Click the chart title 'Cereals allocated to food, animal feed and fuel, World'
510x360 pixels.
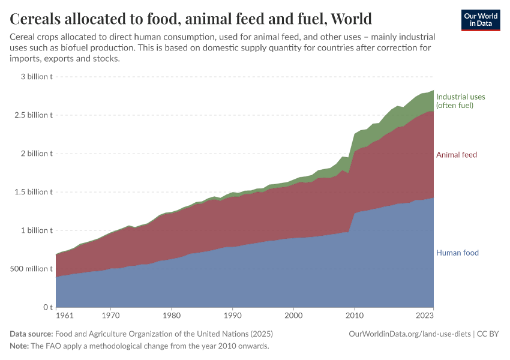tap(191, 19)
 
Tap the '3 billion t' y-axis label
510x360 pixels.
tap(37, 77)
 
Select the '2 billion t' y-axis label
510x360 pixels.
tap(37, 154)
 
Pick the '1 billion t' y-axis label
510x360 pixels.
tap(37, 230)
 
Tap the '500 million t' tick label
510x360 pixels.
tap(31, 269)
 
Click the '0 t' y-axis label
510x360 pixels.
tap(47, 307)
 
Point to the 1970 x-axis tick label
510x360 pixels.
tap(110, 315)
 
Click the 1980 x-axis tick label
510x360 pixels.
tap(172, 315)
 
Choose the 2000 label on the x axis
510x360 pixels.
tap(293, 315)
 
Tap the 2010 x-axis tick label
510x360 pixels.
tap(355, 315)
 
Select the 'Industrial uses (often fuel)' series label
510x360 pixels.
tap(460, 101)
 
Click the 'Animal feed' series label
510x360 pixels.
tap(456, 155)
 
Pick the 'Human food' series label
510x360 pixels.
tap(457, 253)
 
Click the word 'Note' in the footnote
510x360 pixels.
tap(19, 346)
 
